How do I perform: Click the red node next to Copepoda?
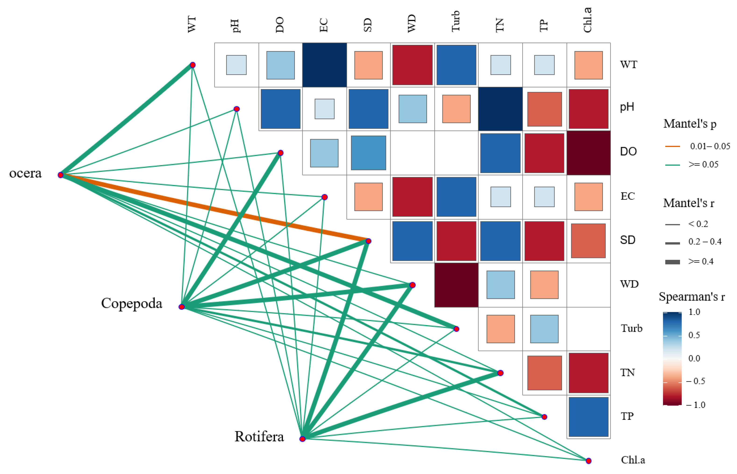pos(182,307)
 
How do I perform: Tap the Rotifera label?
pos(259,437)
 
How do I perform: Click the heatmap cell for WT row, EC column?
pos(324,65)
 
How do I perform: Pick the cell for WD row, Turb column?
pos(456,285)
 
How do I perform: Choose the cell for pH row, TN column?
pos(500,109)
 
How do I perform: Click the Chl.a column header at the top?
pos(587,20)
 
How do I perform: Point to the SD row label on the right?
pos(628,240)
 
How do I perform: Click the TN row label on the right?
pos(627,373)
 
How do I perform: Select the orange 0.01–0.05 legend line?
pos(673,146)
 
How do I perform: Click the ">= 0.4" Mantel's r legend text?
pos(701,262)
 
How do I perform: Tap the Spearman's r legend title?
pos(692,297)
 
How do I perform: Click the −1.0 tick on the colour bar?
pos(696,405)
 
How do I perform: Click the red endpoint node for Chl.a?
pos(588,461)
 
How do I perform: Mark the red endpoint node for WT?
pos(193,65)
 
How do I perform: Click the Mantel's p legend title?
pos(690,124)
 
